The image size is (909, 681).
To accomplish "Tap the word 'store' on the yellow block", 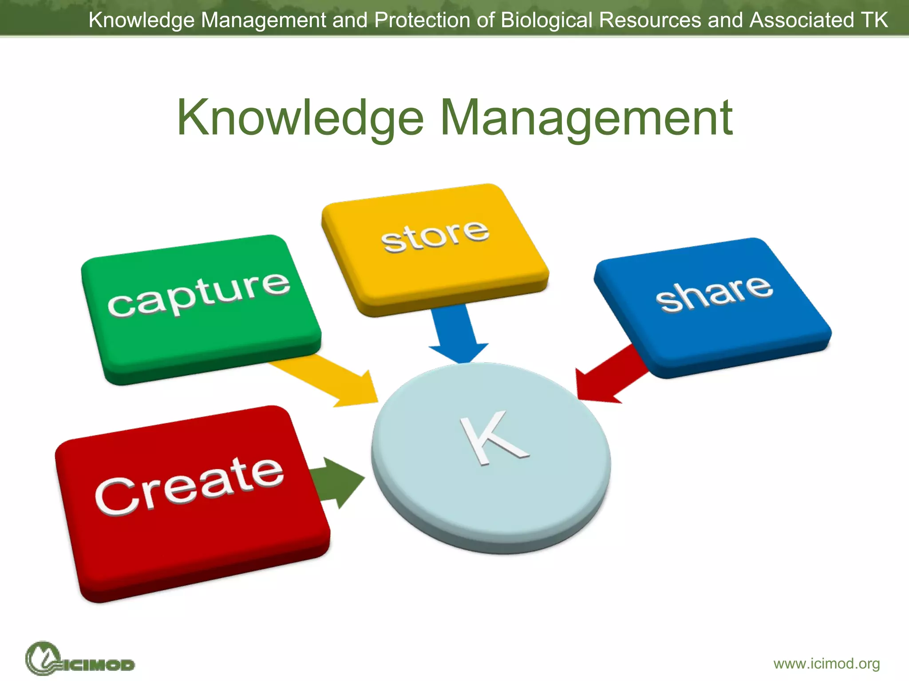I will click(x=435, y=236).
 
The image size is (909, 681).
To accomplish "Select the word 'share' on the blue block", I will click(x=714, y=293).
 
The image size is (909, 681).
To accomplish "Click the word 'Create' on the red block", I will click(x=189, y=486).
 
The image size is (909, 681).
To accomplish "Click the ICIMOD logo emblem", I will click(x=43, y=658).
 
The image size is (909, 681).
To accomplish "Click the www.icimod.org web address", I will click(x=826, y=664).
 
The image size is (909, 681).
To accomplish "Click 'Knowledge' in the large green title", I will click(x=300, y=118).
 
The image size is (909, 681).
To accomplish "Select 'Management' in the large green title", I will click(x=586, y=118).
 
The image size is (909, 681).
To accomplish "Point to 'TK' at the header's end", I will click(x=874, y=20).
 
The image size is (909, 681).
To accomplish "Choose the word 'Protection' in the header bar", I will click(x=422, y=20).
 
